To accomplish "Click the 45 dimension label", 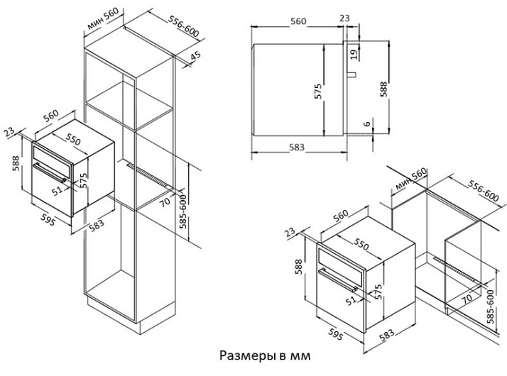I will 197,56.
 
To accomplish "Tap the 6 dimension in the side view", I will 367,123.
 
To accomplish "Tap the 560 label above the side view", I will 298,21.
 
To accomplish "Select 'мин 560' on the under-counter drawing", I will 410,180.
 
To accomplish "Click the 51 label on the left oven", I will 58,191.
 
